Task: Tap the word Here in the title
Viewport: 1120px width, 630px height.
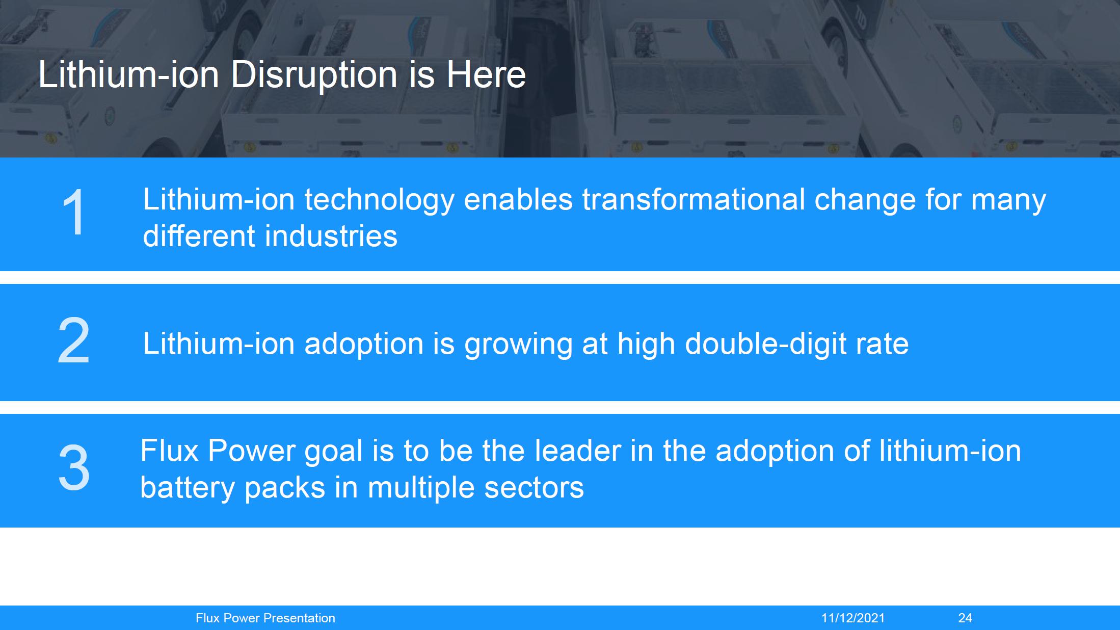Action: (486, 75)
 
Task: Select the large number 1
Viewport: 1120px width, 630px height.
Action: (74, 212)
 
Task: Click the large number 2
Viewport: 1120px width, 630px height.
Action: (74, 340)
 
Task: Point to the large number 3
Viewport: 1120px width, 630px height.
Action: (74, 468)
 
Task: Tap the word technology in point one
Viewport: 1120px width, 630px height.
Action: (379, 200)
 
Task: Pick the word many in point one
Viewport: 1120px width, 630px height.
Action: (1008, 202)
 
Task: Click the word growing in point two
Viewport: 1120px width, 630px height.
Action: (518, 345)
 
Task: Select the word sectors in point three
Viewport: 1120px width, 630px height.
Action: (534, 488)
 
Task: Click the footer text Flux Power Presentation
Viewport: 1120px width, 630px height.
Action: (265, 618)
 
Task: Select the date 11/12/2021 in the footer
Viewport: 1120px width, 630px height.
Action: (853, 618)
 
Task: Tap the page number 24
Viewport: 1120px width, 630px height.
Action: (965, 618)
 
